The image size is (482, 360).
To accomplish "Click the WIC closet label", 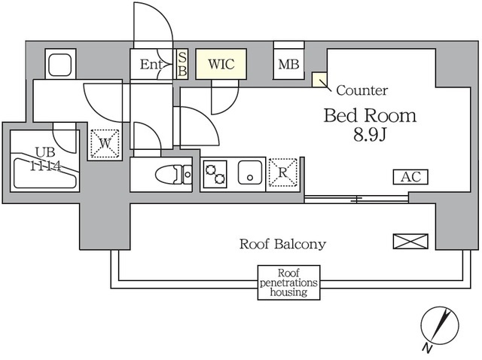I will coord(221,65).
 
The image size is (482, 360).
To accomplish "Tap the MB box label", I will coord(288,66).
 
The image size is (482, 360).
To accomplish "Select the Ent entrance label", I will coord(151,66).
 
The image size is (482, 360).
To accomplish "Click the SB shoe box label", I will coord(182,65).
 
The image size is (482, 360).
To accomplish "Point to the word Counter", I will coord(361,90).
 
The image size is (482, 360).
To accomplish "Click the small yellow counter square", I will coord(319,79).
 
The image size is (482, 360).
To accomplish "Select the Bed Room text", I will coord(370,116).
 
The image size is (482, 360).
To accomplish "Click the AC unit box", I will coord(410,178).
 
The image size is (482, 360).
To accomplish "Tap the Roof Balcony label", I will coord(282,244).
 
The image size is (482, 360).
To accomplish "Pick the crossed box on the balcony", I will coord(410,242).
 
